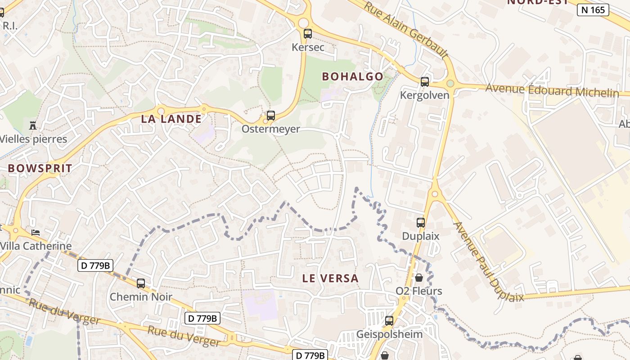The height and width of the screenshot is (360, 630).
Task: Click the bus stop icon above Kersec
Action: pyautogui.click(x=308, y=33)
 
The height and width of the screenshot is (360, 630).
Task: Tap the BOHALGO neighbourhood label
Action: pyautogui.click(x=352, y=76)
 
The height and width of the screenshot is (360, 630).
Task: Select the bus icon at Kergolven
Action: pyautogui.click(x=425, y=81)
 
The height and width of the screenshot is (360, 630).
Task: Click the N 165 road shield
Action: pyautogui.click(x=593, y=10)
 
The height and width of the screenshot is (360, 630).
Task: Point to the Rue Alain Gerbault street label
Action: pyautogui.click(x=406, y=30)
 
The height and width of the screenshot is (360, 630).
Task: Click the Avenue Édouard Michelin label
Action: pyautogui.click(x=552, y=90)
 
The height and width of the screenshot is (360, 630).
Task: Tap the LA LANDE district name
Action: pyautogui.click(x=171, y=119)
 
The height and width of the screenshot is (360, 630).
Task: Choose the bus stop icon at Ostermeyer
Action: pyautogui.click(x=270, y=116)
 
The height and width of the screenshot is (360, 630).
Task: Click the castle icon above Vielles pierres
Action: pyautogui.click(x=32, y=125)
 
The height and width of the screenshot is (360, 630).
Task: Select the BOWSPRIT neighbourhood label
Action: pyautogui.click(x=40, y=169)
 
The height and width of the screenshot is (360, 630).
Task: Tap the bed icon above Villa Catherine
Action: pyautogui.click(x=36, y=232)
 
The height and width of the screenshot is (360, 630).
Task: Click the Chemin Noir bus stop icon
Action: pyautogui.click(x=141, y=283)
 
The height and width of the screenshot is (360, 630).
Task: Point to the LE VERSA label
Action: pyautogui.click(x=330, y=278)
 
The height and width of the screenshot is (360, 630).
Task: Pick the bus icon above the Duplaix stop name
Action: pyautogui.click(x=421, y=222)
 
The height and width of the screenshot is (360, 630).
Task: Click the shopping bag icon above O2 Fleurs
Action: pyautogui.click(x=419, y=278)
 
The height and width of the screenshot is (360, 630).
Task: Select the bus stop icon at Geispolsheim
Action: pyautogui.click(x=389, y=321)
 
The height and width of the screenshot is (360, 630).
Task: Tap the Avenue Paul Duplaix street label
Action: pyautogui.click(x=488, y=262)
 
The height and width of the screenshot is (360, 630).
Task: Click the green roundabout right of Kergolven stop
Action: pyautogui.click(x=450, y=83)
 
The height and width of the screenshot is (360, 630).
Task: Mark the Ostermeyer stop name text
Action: pyautogui.click(x=270, y=129)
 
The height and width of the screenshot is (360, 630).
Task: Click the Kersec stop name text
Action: pyautogui.click(x=308, y=47)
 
